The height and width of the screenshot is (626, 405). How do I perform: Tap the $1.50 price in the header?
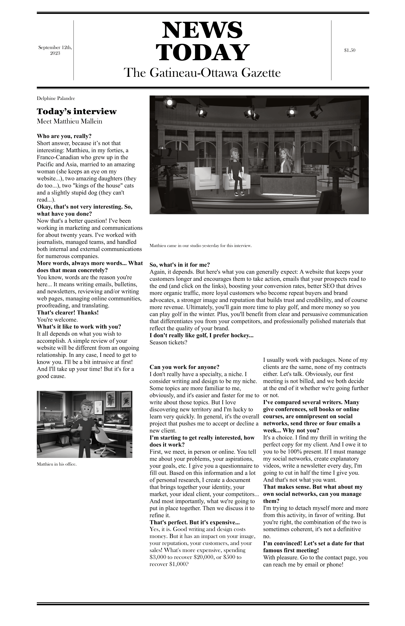[x=350, y=50]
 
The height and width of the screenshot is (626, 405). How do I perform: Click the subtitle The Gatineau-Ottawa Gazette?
[x=202, y=73]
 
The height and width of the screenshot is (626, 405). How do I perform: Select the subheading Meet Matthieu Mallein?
[x=69, y=121]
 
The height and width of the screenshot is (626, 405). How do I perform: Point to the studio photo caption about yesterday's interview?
[x=200, y=246]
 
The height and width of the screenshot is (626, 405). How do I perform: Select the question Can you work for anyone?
[x=184, y=367]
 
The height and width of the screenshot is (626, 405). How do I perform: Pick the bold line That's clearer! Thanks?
[x=68, y=313]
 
